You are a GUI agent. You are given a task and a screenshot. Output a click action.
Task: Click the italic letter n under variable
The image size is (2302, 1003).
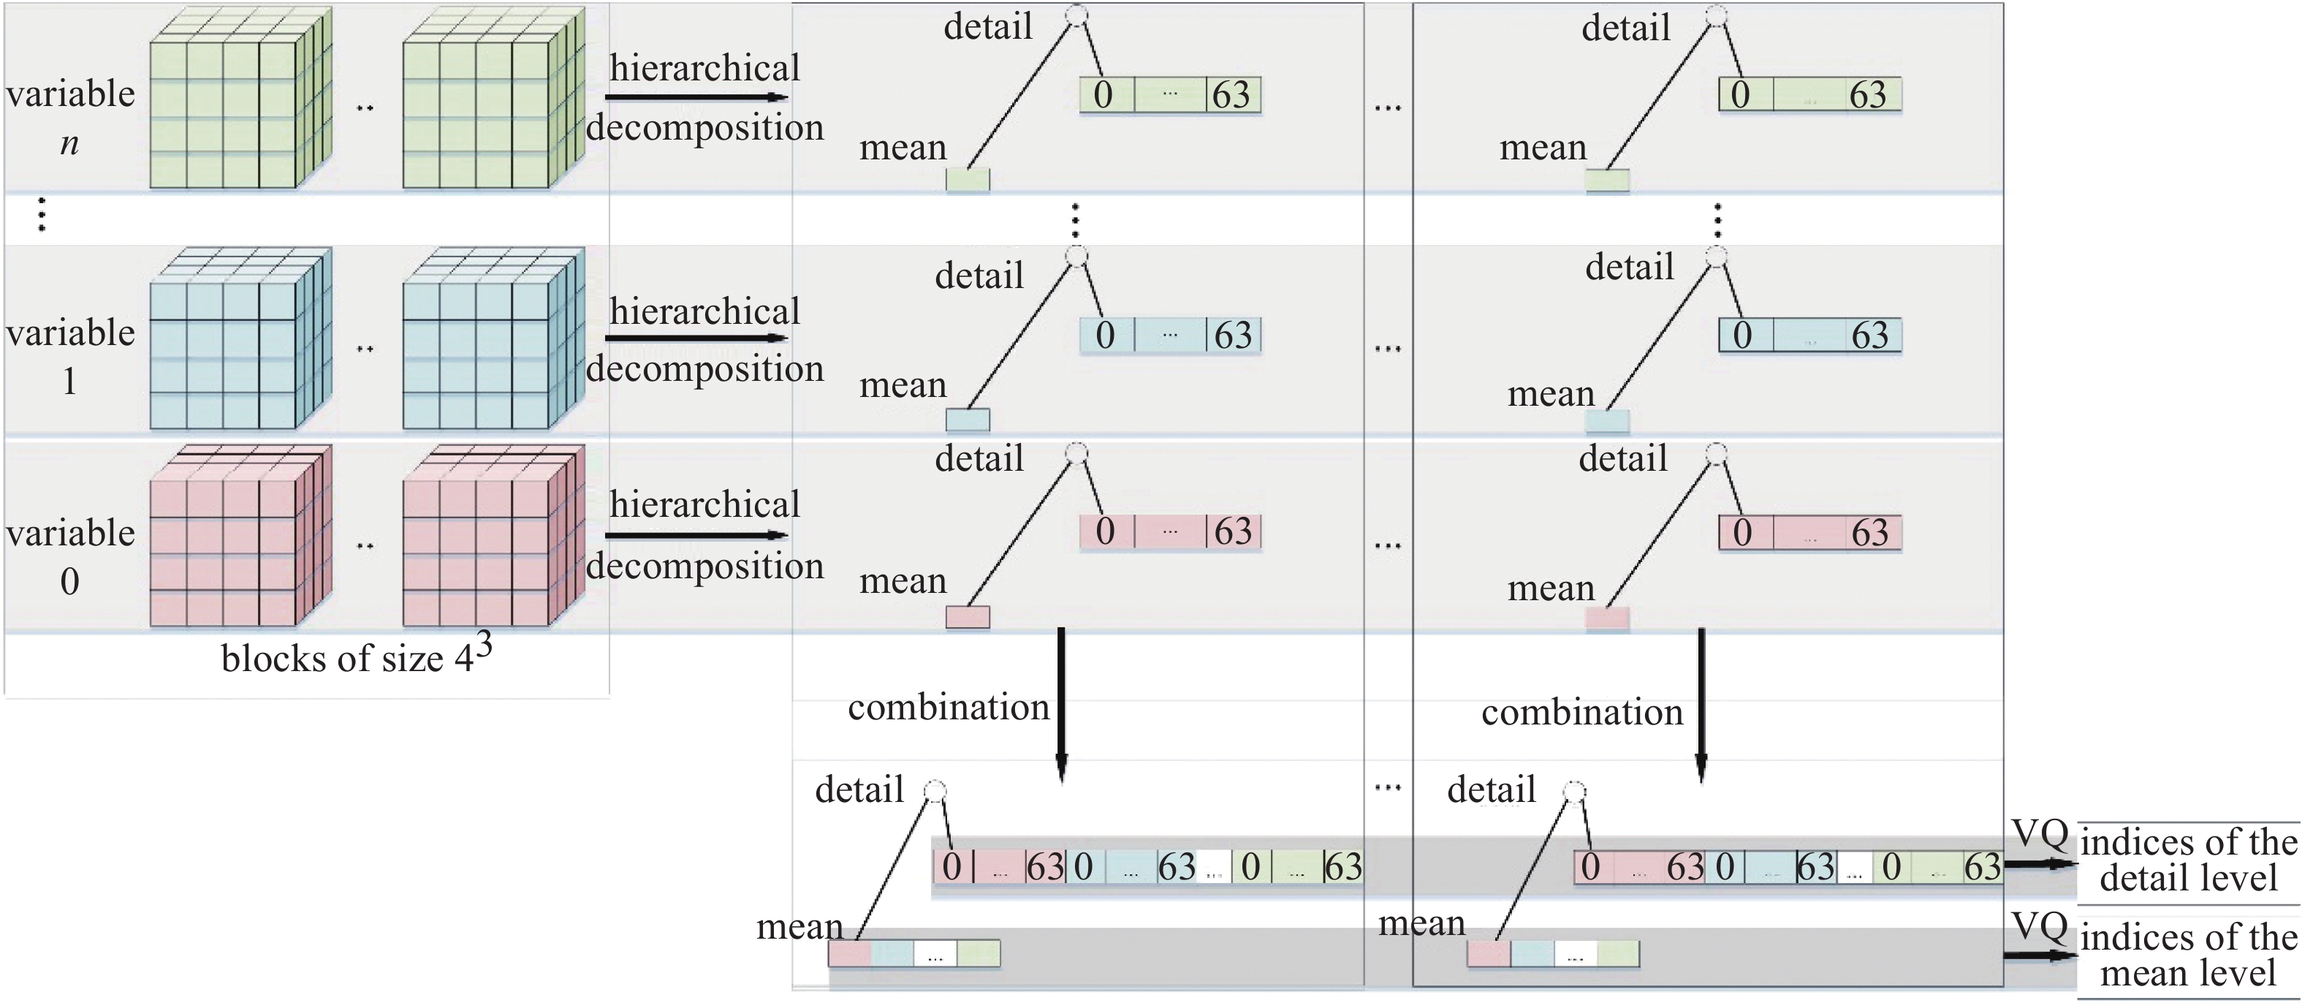coord(69,143)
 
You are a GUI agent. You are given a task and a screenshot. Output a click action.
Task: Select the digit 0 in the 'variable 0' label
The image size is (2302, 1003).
coord(69,582)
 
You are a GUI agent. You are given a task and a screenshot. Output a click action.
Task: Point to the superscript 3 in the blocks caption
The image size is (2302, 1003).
coord(484,643)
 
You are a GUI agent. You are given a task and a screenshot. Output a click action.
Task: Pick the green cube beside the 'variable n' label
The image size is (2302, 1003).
coord(240,99)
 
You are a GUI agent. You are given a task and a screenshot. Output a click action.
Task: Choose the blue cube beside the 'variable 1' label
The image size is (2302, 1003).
coord(240,340)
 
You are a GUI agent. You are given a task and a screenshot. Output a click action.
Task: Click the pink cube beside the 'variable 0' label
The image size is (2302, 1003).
coord(240,537)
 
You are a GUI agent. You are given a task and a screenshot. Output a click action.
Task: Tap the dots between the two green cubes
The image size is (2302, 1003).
coord(365,109)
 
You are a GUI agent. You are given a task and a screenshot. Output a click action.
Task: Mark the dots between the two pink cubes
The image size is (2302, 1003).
coord(365,545)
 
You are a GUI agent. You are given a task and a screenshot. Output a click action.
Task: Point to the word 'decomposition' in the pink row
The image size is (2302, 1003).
coord(705,567)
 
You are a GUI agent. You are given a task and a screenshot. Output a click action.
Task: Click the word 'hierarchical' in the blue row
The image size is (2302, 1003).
coord(705,312)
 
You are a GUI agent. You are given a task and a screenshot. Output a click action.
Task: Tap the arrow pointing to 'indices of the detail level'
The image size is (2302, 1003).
coord(2039,864)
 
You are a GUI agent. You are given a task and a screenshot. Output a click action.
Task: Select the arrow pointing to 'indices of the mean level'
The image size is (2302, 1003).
coord(2039,955)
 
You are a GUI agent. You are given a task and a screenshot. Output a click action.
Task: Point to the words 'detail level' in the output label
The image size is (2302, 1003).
coord(2187,879)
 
